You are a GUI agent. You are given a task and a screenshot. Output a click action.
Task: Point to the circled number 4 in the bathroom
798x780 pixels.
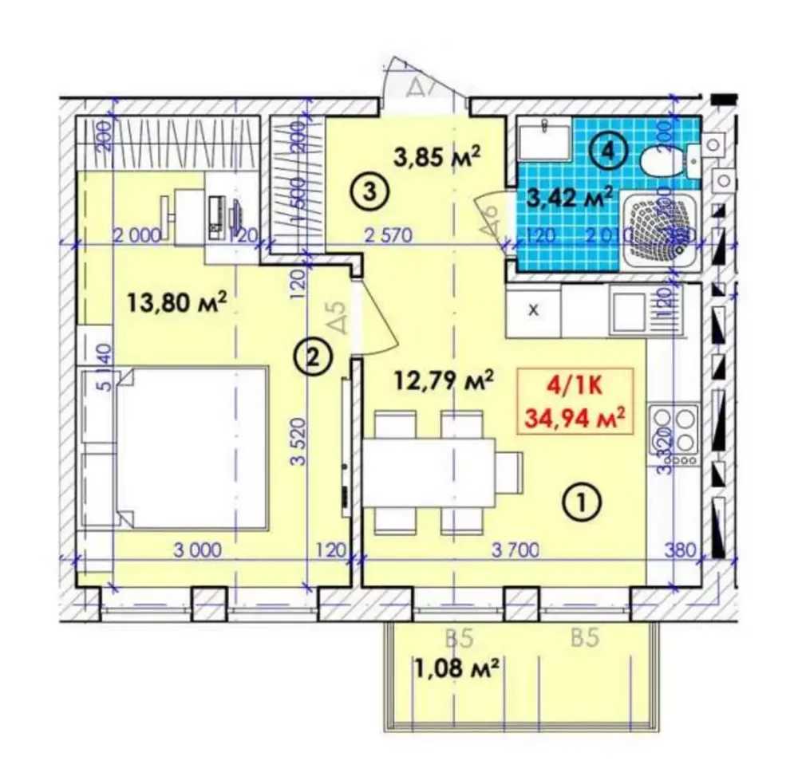point(607,151)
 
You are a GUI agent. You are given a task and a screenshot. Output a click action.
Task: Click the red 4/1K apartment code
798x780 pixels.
point(575,388)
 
